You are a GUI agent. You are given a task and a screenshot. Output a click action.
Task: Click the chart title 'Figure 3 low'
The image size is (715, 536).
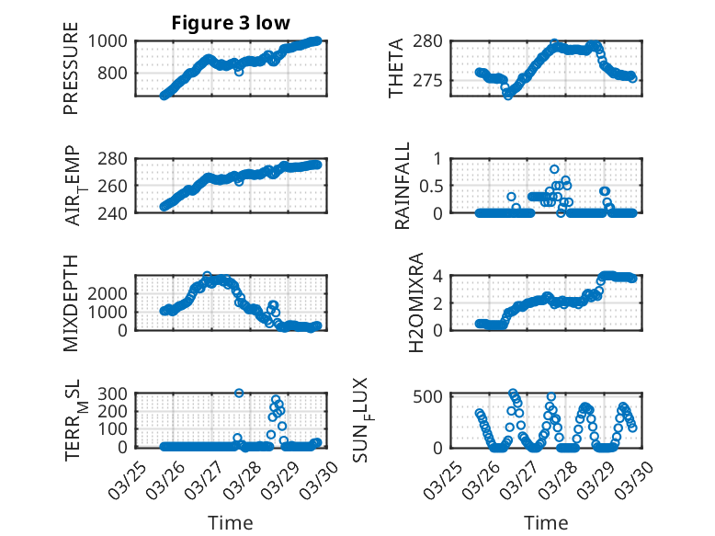tap(231, 23)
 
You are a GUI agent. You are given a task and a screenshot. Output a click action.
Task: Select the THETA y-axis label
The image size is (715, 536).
tap(395, 69)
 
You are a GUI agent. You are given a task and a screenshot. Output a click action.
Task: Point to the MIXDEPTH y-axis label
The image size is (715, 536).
tap(71, 302)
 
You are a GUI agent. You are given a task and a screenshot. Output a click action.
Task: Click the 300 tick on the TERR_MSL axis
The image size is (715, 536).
tap(115, 393)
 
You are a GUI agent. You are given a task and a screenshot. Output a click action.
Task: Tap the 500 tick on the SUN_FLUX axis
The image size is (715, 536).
tap(436, 396)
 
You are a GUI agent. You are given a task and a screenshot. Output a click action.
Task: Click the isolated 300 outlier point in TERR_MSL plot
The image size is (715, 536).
tap(239, 393)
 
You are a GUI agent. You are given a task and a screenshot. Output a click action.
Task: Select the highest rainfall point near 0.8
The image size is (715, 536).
tap(554, 169)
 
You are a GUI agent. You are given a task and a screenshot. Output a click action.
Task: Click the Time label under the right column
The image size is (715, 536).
tap(546, 522)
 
